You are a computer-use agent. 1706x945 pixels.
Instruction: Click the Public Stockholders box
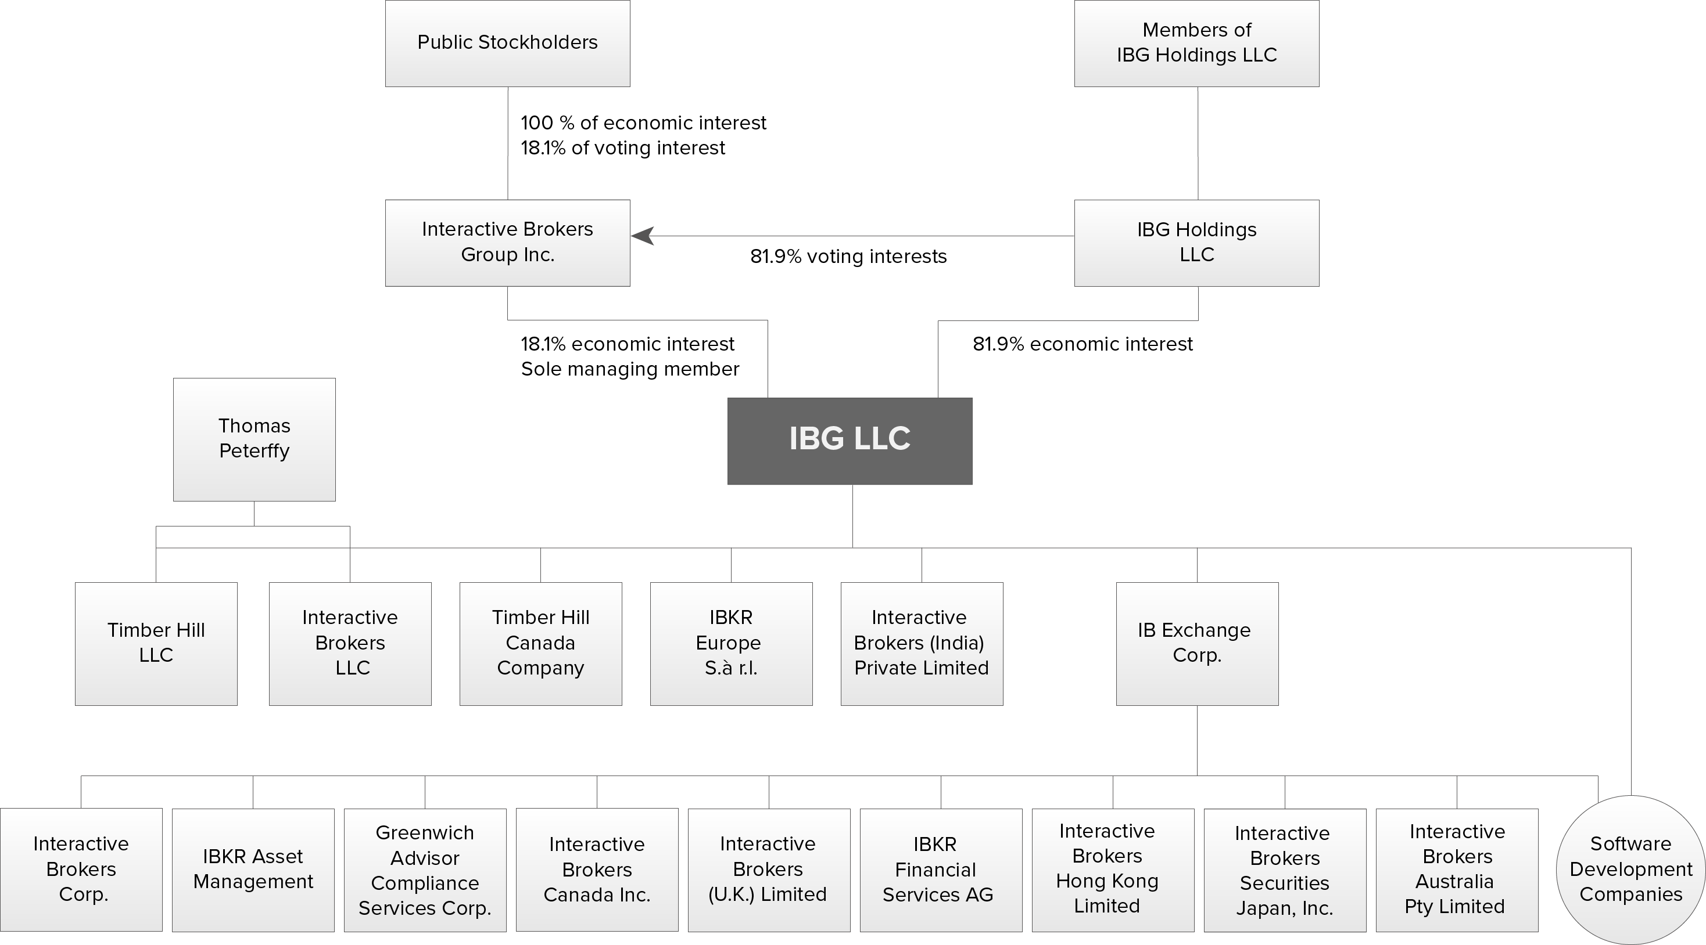tap(507, 43)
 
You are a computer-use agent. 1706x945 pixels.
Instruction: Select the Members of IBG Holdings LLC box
tap(1196, 43)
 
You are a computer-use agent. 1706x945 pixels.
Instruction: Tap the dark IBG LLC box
tap(850, 441)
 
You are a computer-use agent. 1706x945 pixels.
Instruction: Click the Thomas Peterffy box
tap(255, 439)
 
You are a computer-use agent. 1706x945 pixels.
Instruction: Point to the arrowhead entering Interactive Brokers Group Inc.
tap(643, 236)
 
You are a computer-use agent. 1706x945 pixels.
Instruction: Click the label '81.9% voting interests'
tap(848, 257)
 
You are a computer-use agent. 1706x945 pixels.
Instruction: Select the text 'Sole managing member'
tap(630, 369)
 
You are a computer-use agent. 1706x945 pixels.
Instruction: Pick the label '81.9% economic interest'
tap(1082, 344)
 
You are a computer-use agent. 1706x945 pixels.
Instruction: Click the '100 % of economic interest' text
tap(643, 123)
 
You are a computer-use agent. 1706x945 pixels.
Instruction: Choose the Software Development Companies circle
tap(1630, 870)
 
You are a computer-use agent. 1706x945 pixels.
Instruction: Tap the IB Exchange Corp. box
tap(1197, 643)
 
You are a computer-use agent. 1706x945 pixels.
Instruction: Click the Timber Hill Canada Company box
tap(540, 643)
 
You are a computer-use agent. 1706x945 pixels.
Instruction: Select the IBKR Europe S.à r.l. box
tap(731, 643)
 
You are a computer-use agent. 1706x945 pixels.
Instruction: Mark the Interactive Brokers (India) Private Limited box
tap(921, 643)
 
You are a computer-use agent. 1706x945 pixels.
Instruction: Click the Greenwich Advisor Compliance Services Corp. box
tap(425, 870)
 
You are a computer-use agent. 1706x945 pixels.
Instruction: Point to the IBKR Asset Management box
tap(253, 870)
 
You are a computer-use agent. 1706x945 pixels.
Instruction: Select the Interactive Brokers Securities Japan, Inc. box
tap(1285, 870)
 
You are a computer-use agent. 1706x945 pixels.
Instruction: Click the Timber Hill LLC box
tap(156, 643)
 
